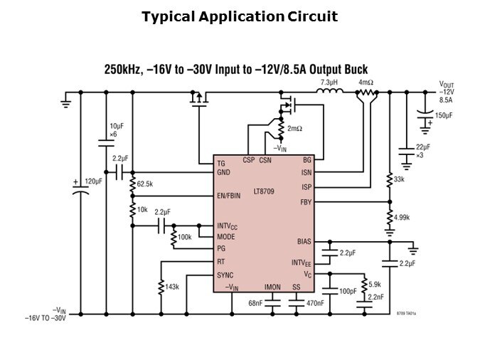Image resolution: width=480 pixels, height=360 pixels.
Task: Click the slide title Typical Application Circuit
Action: coord(240,16)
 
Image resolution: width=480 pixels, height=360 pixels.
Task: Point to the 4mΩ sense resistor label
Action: coord(366,83)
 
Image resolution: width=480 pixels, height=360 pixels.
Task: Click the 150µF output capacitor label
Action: coord(444,115)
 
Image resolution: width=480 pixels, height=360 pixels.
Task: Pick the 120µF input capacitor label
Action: coord(95,181)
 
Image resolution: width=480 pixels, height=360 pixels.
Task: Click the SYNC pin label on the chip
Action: coord(225,275)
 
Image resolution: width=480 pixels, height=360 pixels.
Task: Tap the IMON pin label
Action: coord(272,287)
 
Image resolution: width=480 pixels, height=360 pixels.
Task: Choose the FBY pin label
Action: coord(305,202)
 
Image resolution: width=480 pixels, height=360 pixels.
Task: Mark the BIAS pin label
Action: coord(304,241)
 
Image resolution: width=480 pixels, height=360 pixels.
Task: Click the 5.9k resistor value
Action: coord(375,283)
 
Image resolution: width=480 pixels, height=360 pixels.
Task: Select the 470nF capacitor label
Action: coord(314,303)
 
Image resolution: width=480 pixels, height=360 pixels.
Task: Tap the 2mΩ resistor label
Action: coord(295,128)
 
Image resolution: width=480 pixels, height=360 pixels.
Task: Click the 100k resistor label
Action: coord(184,236)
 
